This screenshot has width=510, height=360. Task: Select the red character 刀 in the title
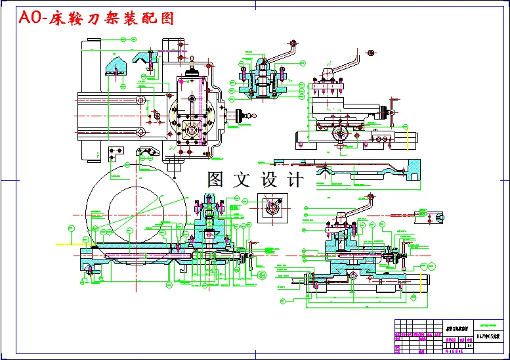105,18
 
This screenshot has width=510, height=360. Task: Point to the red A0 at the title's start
32,18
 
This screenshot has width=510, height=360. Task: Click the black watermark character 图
218,179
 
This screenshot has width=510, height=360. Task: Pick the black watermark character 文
243,179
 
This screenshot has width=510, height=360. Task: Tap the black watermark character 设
268,179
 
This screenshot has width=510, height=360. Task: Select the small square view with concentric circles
271,209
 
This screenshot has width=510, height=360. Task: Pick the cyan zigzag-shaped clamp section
148,152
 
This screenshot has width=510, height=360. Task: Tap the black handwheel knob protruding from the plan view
243,116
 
